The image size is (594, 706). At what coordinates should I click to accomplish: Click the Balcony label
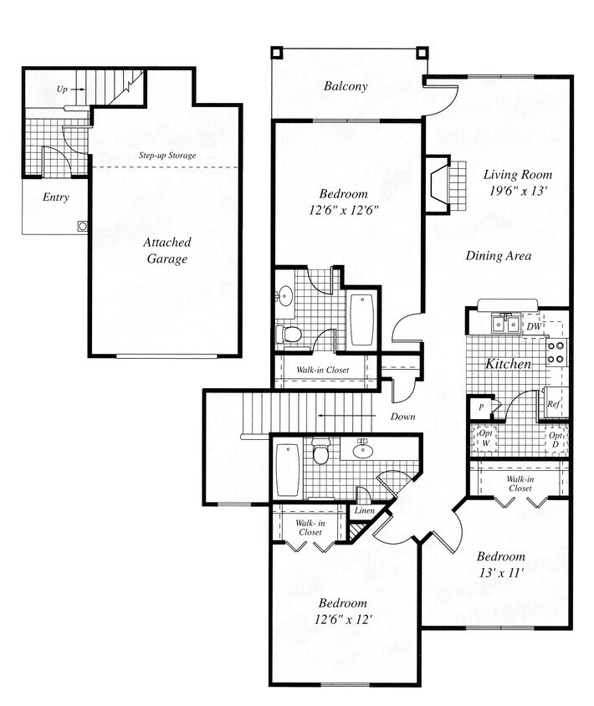[x=346, y=86]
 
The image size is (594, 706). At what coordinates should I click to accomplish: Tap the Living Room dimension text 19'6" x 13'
[x=518, y=192]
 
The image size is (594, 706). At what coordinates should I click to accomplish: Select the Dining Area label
[x=499, y=256]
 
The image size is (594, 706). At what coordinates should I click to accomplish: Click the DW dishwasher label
[x=534, y=326]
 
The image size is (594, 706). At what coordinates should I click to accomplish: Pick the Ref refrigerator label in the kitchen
[x=553, y=403]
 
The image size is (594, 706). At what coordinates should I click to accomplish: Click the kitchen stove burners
[x=556, y=351]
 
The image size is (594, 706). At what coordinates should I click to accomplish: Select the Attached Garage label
[x=163, y=250]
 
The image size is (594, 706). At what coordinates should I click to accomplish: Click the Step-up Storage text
[x=167, y=156]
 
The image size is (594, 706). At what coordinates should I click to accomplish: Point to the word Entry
[x=55, y=197]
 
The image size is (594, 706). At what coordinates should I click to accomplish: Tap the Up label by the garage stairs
[x=62, y=88]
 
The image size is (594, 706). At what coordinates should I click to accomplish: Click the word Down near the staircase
[x=404, y=416]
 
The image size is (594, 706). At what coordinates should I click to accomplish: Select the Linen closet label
[x=364, y=510]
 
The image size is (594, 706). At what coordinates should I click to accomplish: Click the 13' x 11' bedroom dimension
[x=500, y=565]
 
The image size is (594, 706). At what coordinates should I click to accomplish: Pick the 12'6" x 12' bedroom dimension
[x=342, y=611]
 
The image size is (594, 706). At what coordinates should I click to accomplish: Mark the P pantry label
[x=482, y=408]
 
